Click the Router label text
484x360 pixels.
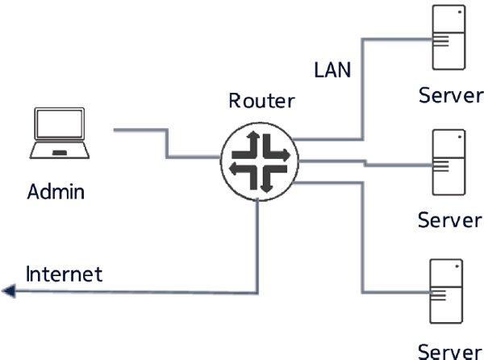(262, 101)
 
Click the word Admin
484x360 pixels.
(56, 192)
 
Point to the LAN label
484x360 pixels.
(332, 69)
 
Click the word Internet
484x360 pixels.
(65, 274)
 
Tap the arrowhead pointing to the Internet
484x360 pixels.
(8, 291)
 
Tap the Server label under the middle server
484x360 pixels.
(450, 220)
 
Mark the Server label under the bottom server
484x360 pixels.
(450, 350)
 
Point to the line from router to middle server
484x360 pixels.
(363, 163)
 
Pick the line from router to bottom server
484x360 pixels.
(365, 234)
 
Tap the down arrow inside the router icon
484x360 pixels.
(263, 181)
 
